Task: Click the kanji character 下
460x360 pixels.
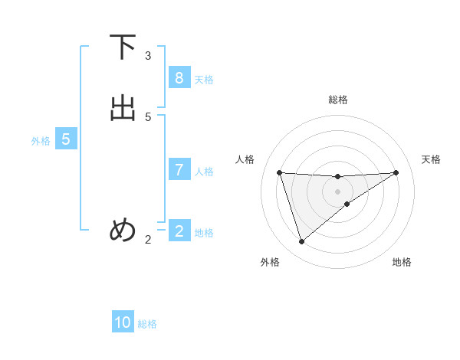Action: [123, 47]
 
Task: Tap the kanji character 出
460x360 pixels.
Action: [123, 109]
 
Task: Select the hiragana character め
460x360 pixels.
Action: [123, 229]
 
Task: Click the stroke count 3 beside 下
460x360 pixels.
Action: [148, 56]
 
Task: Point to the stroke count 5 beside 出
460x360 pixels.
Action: [148, 117]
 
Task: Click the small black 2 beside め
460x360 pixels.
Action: [148, 240]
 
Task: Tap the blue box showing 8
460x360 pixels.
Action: [179, 78]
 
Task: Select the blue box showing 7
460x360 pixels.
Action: [179, 170]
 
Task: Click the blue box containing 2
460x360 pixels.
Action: [179, 231]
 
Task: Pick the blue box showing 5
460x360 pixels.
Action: [66, 139]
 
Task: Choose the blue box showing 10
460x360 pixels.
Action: [123, 322]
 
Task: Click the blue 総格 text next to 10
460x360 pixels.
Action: [147, 324]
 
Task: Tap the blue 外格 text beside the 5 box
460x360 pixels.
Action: [41, 141]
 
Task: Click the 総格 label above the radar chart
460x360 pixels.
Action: [338, 100]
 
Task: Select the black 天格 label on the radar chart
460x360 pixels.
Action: [432, 159]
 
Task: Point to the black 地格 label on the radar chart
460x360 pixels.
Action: [402, 262]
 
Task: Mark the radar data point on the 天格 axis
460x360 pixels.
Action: [396, 172]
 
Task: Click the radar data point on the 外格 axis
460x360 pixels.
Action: [301, 242]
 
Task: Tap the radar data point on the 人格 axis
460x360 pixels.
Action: [280, 172]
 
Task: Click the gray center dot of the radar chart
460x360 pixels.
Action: [338, 191]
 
